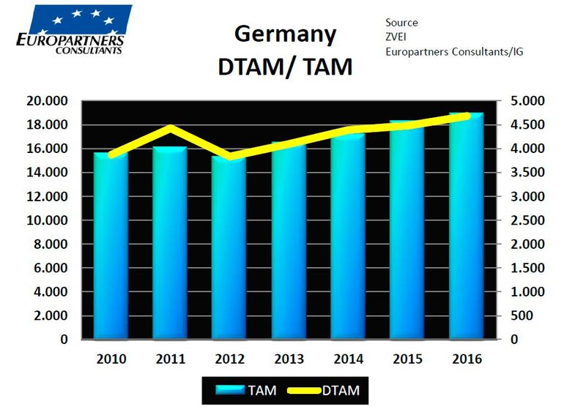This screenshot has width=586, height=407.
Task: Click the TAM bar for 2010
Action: coord(111,249)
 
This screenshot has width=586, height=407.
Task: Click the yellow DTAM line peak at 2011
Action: coord(170,128)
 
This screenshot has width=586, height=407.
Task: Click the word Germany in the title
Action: coord(285,35)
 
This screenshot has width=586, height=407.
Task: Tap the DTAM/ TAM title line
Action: coord(286,67)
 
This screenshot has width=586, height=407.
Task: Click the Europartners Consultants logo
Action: coord(71,29)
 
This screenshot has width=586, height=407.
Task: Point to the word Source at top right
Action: coord(403,23)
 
